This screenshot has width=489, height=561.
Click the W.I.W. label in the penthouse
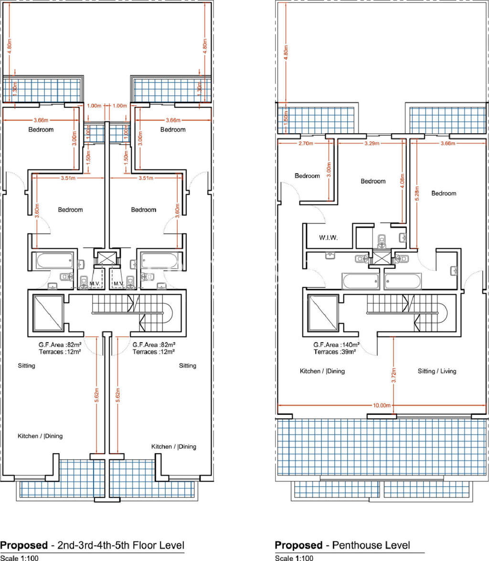[328, 237]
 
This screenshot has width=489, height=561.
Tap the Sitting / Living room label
[437, 371]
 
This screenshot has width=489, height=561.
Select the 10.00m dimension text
[382, 405]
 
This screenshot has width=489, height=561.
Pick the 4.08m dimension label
[402, 185]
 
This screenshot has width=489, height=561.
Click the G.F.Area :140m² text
[336, 345]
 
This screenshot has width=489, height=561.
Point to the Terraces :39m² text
[336, 352]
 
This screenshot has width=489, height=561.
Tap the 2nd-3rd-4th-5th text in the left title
[90, 545]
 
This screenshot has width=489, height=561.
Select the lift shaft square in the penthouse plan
[323, 312]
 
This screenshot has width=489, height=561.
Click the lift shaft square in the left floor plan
[47, 312]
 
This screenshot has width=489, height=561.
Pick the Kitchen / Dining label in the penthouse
[322, 371]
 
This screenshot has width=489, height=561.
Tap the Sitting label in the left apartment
[26, 366]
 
